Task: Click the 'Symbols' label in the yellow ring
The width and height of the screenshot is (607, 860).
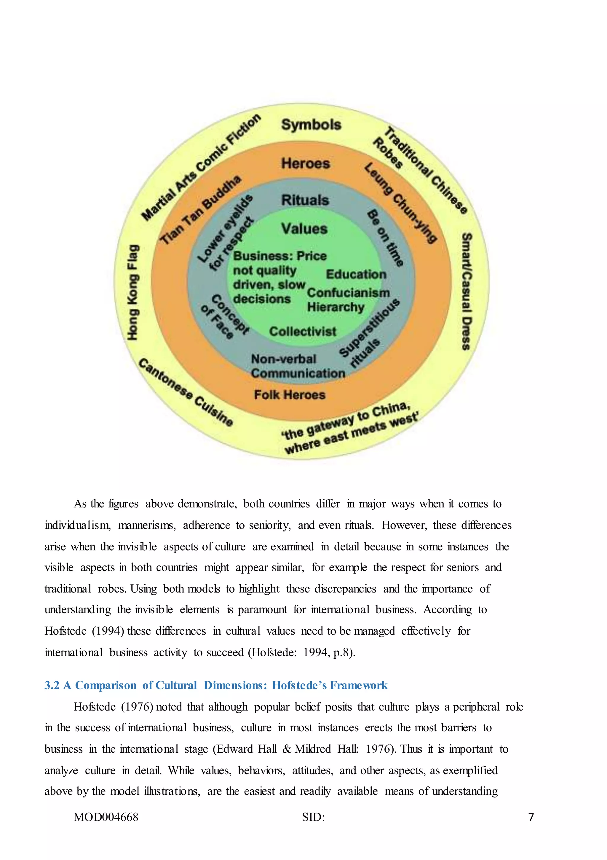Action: [311, 125]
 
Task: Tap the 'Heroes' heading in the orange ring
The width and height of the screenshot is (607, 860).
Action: [306, 163]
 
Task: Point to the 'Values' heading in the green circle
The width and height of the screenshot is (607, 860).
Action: [304, 228]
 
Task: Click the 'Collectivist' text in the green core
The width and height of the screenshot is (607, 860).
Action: [303, 331]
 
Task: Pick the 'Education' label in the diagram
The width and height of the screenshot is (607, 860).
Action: [356, 274]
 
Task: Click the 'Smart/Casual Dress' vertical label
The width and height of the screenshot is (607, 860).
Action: [466, 292]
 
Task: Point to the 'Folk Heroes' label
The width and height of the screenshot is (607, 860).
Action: [290, 394]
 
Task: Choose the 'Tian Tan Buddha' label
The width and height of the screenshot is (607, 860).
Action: [201, 209]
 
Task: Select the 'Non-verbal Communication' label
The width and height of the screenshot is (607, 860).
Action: [298, 366]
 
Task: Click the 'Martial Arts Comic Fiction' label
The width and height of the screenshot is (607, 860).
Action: [201, 167]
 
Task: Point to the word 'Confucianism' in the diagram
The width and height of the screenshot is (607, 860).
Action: [348, 292]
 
